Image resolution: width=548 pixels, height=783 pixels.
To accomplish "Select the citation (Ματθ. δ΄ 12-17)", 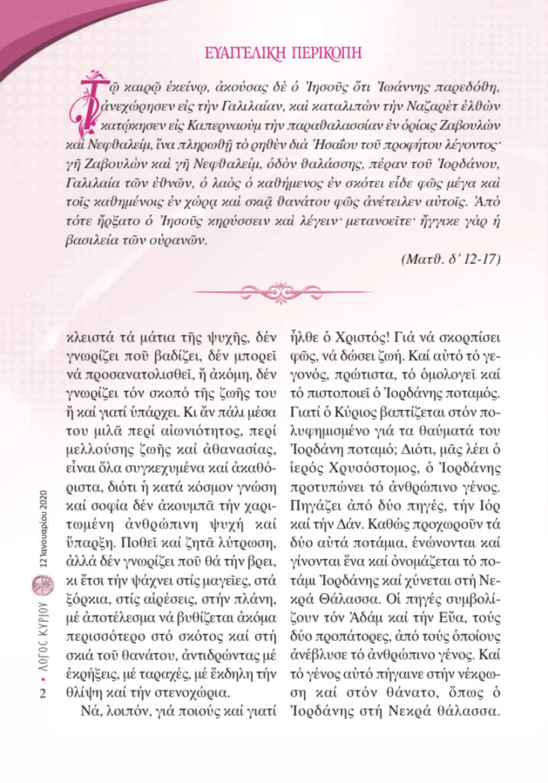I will tap(450, 258).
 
